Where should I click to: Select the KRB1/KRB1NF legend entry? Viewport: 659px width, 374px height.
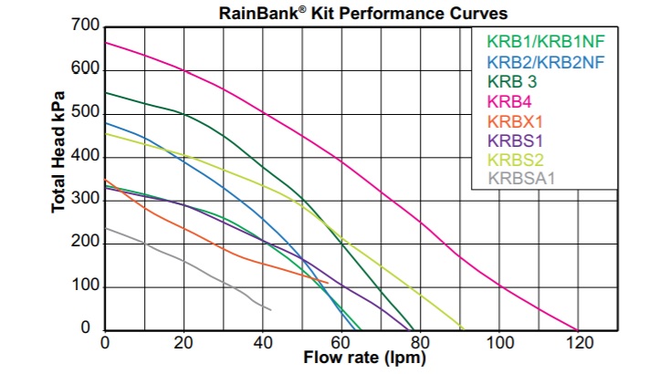[x=546, y=42]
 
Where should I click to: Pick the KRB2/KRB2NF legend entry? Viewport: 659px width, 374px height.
[x=546, y=62]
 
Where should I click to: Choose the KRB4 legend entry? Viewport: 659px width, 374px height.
[x=510, y=101]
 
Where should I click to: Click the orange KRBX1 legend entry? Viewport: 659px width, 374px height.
[x=516, y=121]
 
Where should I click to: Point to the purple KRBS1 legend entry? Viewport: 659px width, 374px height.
[x=517, y=140]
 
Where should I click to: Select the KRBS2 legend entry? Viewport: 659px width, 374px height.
[x=517, y=160]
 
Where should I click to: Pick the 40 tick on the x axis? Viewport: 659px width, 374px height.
[x=264, y=342]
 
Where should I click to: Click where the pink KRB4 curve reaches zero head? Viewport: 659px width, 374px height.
[x=578, y=329]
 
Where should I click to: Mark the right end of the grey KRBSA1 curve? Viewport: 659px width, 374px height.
[x=270, y=310]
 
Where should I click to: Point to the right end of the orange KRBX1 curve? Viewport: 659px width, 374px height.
[x=328, y=283]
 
